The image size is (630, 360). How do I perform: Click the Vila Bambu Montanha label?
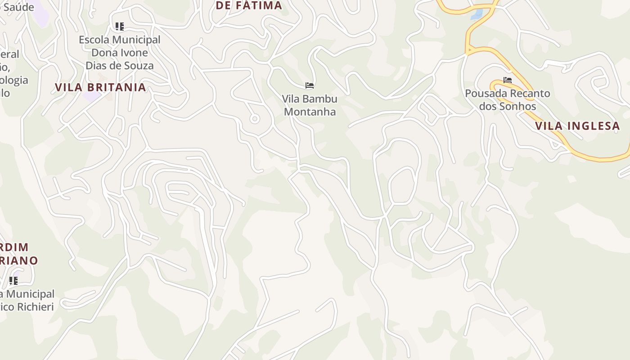point(310,105)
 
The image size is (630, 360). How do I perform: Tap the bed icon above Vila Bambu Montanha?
point(309,85)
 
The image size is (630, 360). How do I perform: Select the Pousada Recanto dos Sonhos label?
point(507,100)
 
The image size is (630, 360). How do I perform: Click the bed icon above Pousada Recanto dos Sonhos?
point(508,80)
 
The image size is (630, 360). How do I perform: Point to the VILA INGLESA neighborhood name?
point(578,126)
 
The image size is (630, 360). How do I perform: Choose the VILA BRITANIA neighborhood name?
point(100,87)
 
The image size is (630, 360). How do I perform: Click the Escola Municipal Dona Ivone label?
point(119,52)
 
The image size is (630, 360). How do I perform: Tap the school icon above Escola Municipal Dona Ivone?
point(119,27)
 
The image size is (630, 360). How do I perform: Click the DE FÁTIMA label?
point(248,5)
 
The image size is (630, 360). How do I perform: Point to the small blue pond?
point(477,14)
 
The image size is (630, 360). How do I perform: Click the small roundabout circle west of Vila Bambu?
point(255,119)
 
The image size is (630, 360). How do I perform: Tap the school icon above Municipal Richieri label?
point(13,281)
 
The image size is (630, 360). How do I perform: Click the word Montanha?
point(310,112)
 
